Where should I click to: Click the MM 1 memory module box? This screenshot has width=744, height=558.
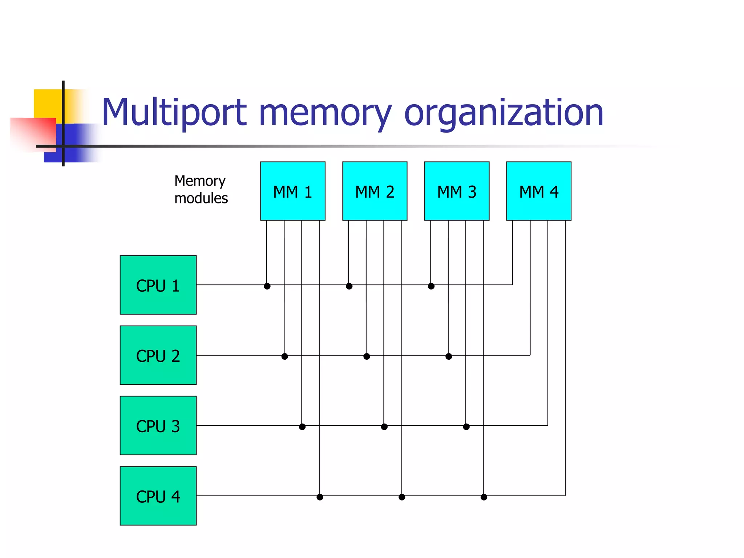coord(292,191)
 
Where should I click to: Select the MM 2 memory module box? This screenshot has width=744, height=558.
coord(375,191)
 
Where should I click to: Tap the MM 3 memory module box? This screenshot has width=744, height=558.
coord(457,191)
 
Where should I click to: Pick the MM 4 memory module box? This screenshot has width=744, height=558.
coord(539,191)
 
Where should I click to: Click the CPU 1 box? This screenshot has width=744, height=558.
coord(158,285)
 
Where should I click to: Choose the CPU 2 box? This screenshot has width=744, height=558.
coord(158,355)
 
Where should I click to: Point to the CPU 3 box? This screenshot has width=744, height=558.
coord(158,425)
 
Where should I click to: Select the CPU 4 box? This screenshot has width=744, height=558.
coord(158,496)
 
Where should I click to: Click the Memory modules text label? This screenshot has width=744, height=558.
coord(201,190)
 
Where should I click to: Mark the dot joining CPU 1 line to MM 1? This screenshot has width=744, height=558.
coord(267,286)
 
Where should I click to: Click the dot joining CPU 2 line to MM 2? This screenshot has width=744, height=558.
coord(367,356)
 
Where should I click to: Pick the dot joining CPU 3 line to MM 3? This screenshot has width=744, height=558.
coord(466,426)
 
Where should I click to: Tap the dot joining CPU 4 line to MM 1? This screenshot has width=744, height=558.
coord(320,497)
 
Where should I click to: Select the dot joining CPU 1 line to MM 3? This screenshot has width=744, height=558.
coord(431,286)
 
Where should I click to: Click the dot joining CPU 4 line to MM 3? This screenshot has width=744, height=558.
coord(484,497)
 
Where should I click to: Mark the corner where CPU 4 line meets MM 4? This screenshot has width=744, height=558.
coord(565,496)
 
